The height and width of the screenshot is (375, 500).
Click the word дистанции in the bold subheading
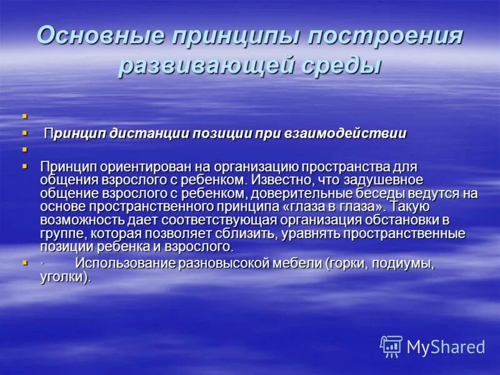(146, 133)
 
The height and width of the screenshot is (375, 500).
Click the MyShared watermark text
(446, 347)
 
